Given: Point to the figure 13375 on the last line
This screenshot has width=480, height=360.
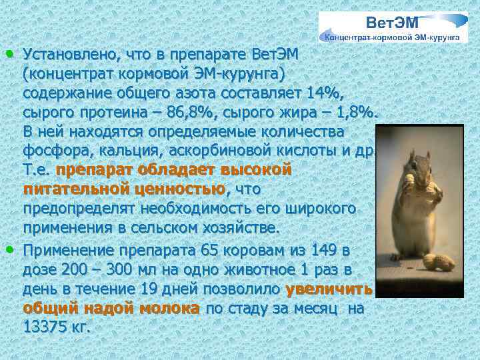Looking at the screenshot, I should pos(44,327).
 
